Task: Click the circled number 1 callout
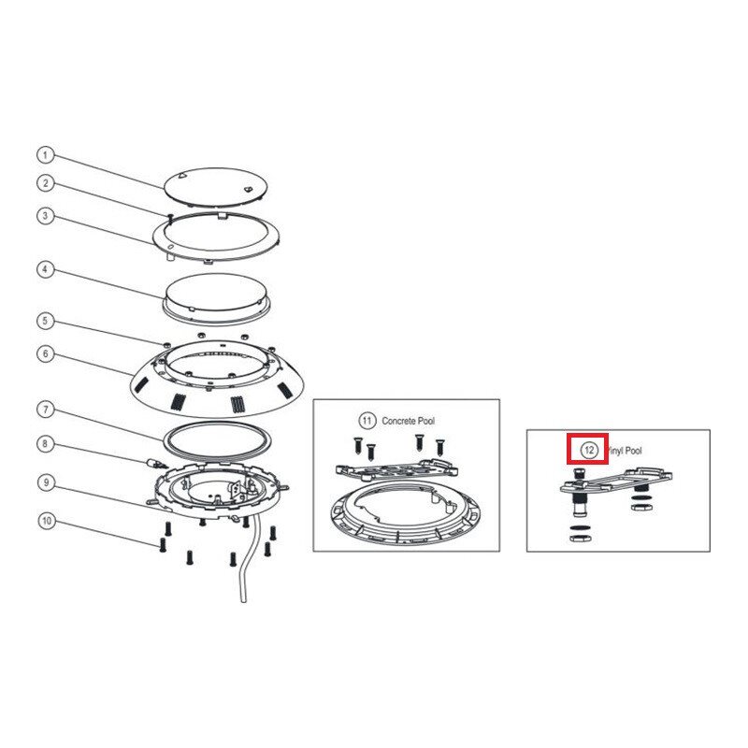45,155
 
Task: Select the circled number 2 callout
45,183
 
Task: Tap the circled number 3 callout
45,216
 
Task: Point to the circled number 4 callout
45,269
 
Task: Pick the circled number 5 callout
45,321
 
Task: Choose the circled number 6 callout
45,353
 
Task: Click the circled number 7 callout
45,410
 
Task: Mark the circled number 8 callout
45,444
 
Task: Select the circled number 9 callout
46,482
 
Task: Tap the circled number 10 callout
46,521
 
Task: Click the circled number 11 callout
367,421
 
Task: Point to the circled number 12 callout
589,450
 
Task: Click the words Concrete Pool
409,422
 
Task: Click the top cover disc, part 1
216,187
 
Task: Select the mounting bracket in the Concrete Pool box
396,470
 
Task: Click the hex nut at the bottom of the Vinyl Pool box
581,539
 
